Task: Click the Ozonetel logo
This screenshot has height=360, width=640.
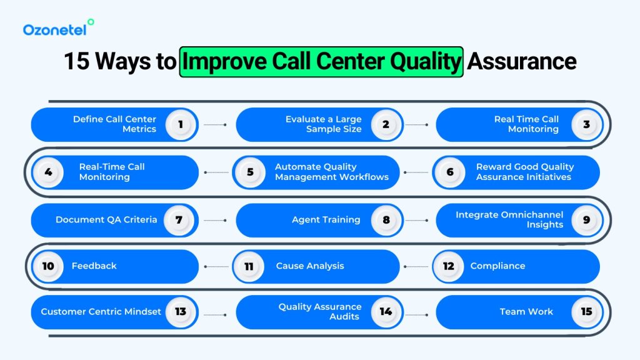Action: (x=58, y=28)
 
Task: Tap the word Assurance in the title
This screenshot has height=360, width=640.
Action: (x=522, y=61)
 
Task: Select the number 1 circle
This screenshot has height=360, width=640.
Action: (x=181, y=124)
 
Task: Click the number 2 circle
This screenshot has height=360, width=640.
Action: (x=386, y=124)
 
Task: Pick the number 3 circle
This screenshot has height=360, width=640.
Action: (x=586, y=124)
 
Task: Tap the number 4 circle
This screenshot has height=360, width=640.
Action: (x=48, y=172)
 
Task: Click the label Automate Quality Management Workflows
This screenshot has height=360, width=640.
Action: (x=331, y=172)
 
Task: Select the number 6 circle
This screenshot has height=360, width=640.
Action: (x=450, y=172)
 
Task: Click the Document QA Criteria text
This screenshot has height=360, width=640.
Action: (x=106, y=219)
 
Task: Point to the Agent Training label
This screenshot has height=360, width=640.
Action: (x=326, y=219)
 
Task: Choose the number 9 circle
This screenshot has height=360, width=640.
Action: (x=586, y=219)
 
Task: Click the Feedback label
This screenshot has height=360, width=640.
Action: (x=94, y=266)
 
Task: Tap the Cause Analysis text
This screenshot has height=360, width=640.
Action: (x=309, y=266)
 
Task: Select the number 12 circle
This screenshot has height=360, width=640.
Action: (x=448, y=266)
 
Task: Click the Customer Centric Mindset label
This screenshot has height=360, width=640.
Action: (x=101, y=311)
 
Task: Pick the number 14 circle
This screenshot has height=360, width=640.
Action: (x=386, y=311)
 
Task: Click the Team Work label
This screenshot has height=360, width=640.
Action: (x=526, y=311)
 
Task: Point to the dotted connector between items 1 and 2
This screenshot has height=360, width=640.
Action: (x=216, y=124)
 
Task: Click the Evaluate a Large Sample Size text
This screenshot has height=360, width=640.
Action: (x=323, y=124)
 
